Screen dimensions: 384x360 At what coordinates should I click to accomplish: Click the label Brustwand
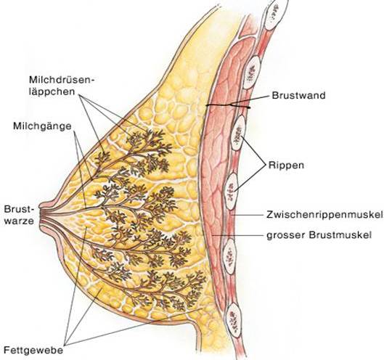click(x=298, y=95)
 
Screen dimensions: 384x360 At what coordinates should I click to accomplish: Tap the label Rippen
click(x=286, y=165)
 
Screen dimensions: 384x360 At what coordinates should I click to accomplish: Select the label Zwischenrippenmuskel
click(x=324, y=215)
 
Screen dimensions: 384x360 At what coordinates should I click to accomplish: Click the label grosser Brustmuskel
click(x=319, y=235)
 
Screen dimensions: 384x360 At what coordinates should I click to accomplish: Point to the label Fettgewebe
click(x=33, y=351)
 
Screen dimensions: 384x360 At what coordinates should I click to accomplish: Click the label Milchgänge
click(x=42, y=126)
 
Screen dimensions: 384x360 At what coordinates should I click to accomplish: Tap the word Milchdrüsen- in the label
click(x=62, y=80)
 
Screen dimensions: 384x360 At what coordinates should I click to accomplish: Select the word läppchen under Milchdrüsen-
click(x=52, y=92)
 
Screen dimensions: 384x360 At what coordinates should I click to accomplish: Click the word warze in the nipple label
click(x=19, y=221)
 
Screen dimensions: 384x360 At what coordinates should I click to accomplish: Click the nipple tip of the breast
click(x=41, y=213)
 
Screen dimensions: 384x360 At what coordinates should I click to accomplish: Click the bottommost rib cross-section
click(x=234, y=319)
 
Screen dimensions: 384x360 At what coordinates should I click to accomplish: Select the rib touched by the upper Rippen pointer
click(x=238, y=133)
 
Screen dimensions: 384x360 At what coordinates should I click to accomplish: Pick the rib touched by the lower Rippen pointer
click(x=232, y=192)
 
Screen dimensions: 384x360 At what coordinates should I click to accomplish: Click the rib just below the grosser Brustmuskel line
click(x=230, y=256)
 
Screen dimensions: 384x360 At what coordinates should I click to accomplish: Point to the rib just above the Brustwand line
click(x=251, y=72)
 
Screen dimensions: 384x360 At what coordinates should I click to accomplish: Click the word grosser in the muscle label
click(x=285, y=236)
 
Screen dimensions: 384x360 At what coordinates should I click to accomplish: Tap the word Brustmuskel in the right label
click(x=340, y=235)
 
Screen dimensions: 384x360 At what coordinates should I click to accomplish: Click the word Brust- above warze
click(x=18, y=209)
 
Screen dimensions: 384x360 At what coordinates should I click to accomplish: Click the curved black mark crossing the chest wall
click(x=228, y=106)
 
